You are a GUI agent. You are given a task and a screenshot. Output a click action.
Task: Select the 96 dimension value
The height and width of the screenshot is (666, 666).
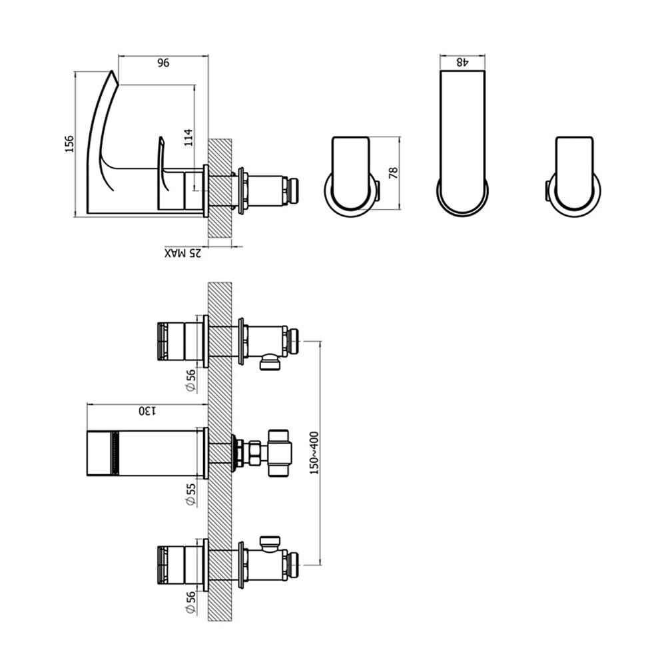click(x=164, y=63)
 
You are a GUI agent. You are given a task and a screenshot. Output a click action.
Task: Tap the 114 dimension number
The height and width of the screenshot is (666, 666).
click(x=188, y=137)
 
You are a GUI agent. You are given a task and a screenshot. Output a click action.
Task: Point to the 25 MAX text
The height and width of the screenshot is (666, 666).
click(x=183, y=253)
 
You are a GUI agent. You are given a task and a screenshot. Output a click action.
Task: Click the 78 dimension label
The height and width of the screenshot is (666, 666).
click(x=394, y=172)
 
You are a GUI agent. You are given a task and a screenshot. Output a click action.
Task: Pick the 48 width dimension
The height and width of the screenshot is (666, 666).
click(x=462, y=63)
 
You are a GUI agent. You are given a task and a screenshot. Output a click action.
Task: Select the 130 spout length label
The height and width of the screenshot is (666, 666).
click(x=148, y=411)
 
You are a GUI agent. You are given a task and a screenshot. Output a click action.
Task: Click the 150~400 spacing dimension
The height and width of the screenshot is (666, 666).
click(x=314, y=453)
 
